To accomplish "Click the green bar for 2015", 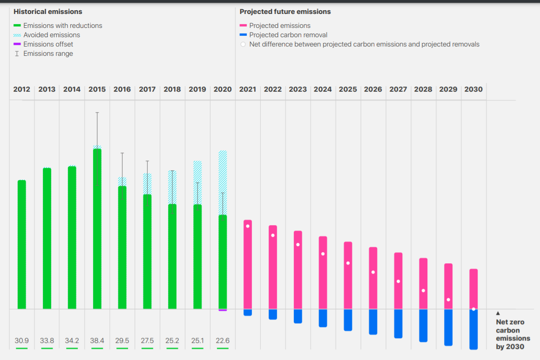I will tap(97, 228).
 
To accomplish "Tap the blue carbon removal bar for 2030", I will tap(473, 329).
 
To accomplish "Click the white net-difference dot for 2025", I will tap(348, 263).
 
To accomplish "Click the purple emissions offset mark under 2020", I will tap(223, 310).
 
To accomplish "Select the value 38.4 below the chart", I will tap(97, 340).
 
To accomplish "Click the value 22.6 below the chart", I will tap(223, 340).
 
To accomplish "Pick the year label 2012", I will tap(22, 89).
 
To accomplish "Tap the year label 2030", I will tap(473, 89).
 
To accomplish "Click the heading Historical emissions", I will tap(48, 12).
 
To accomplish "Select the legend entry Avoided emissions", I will tap(52, 35).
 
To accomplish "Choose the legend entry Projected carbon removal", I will tap(288, 35).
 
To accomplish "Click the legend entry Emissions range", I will tap(48, 53).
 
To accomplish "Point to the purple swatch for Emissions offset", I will tap(17, 44).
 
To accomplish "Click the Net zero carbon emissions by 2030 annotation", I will tap(510, 334).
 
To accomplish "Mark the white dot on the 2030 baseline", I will tap(473, 309).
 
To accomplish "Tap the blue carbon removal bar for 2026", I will tap(373, 322).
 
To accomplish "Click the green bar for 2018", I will tap(172, 256).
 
